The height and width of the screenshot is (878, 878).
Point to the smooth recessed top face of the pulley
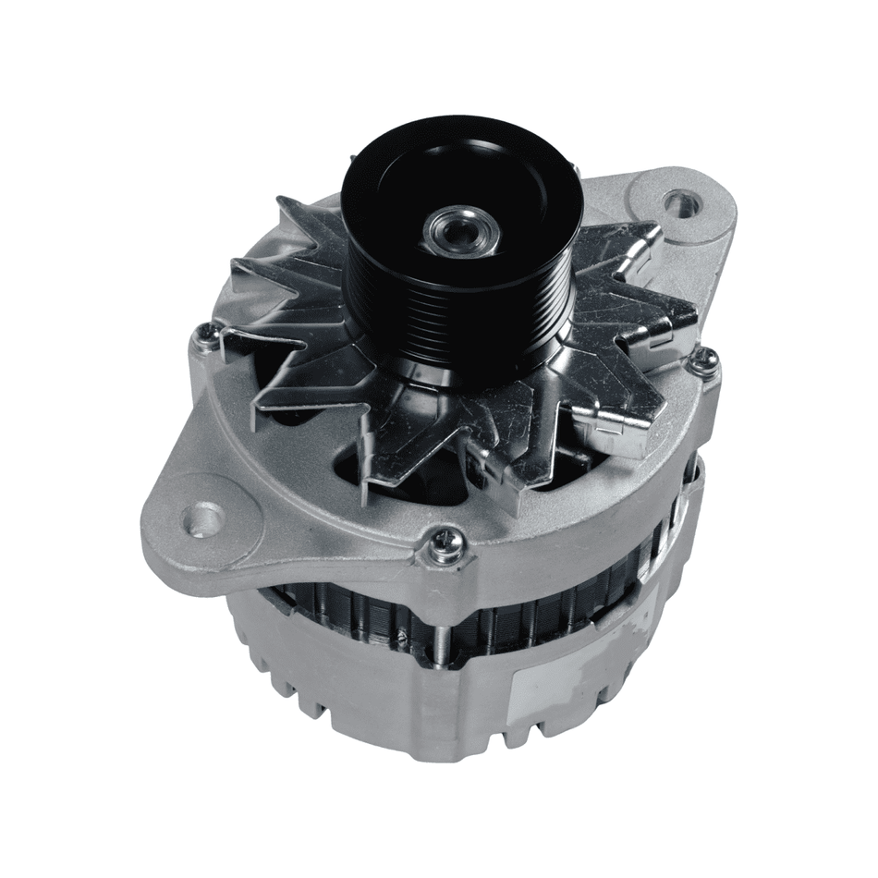[x=397, y=194]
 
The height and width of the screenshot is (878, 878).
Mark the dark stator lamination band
[x=518, y=615]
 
